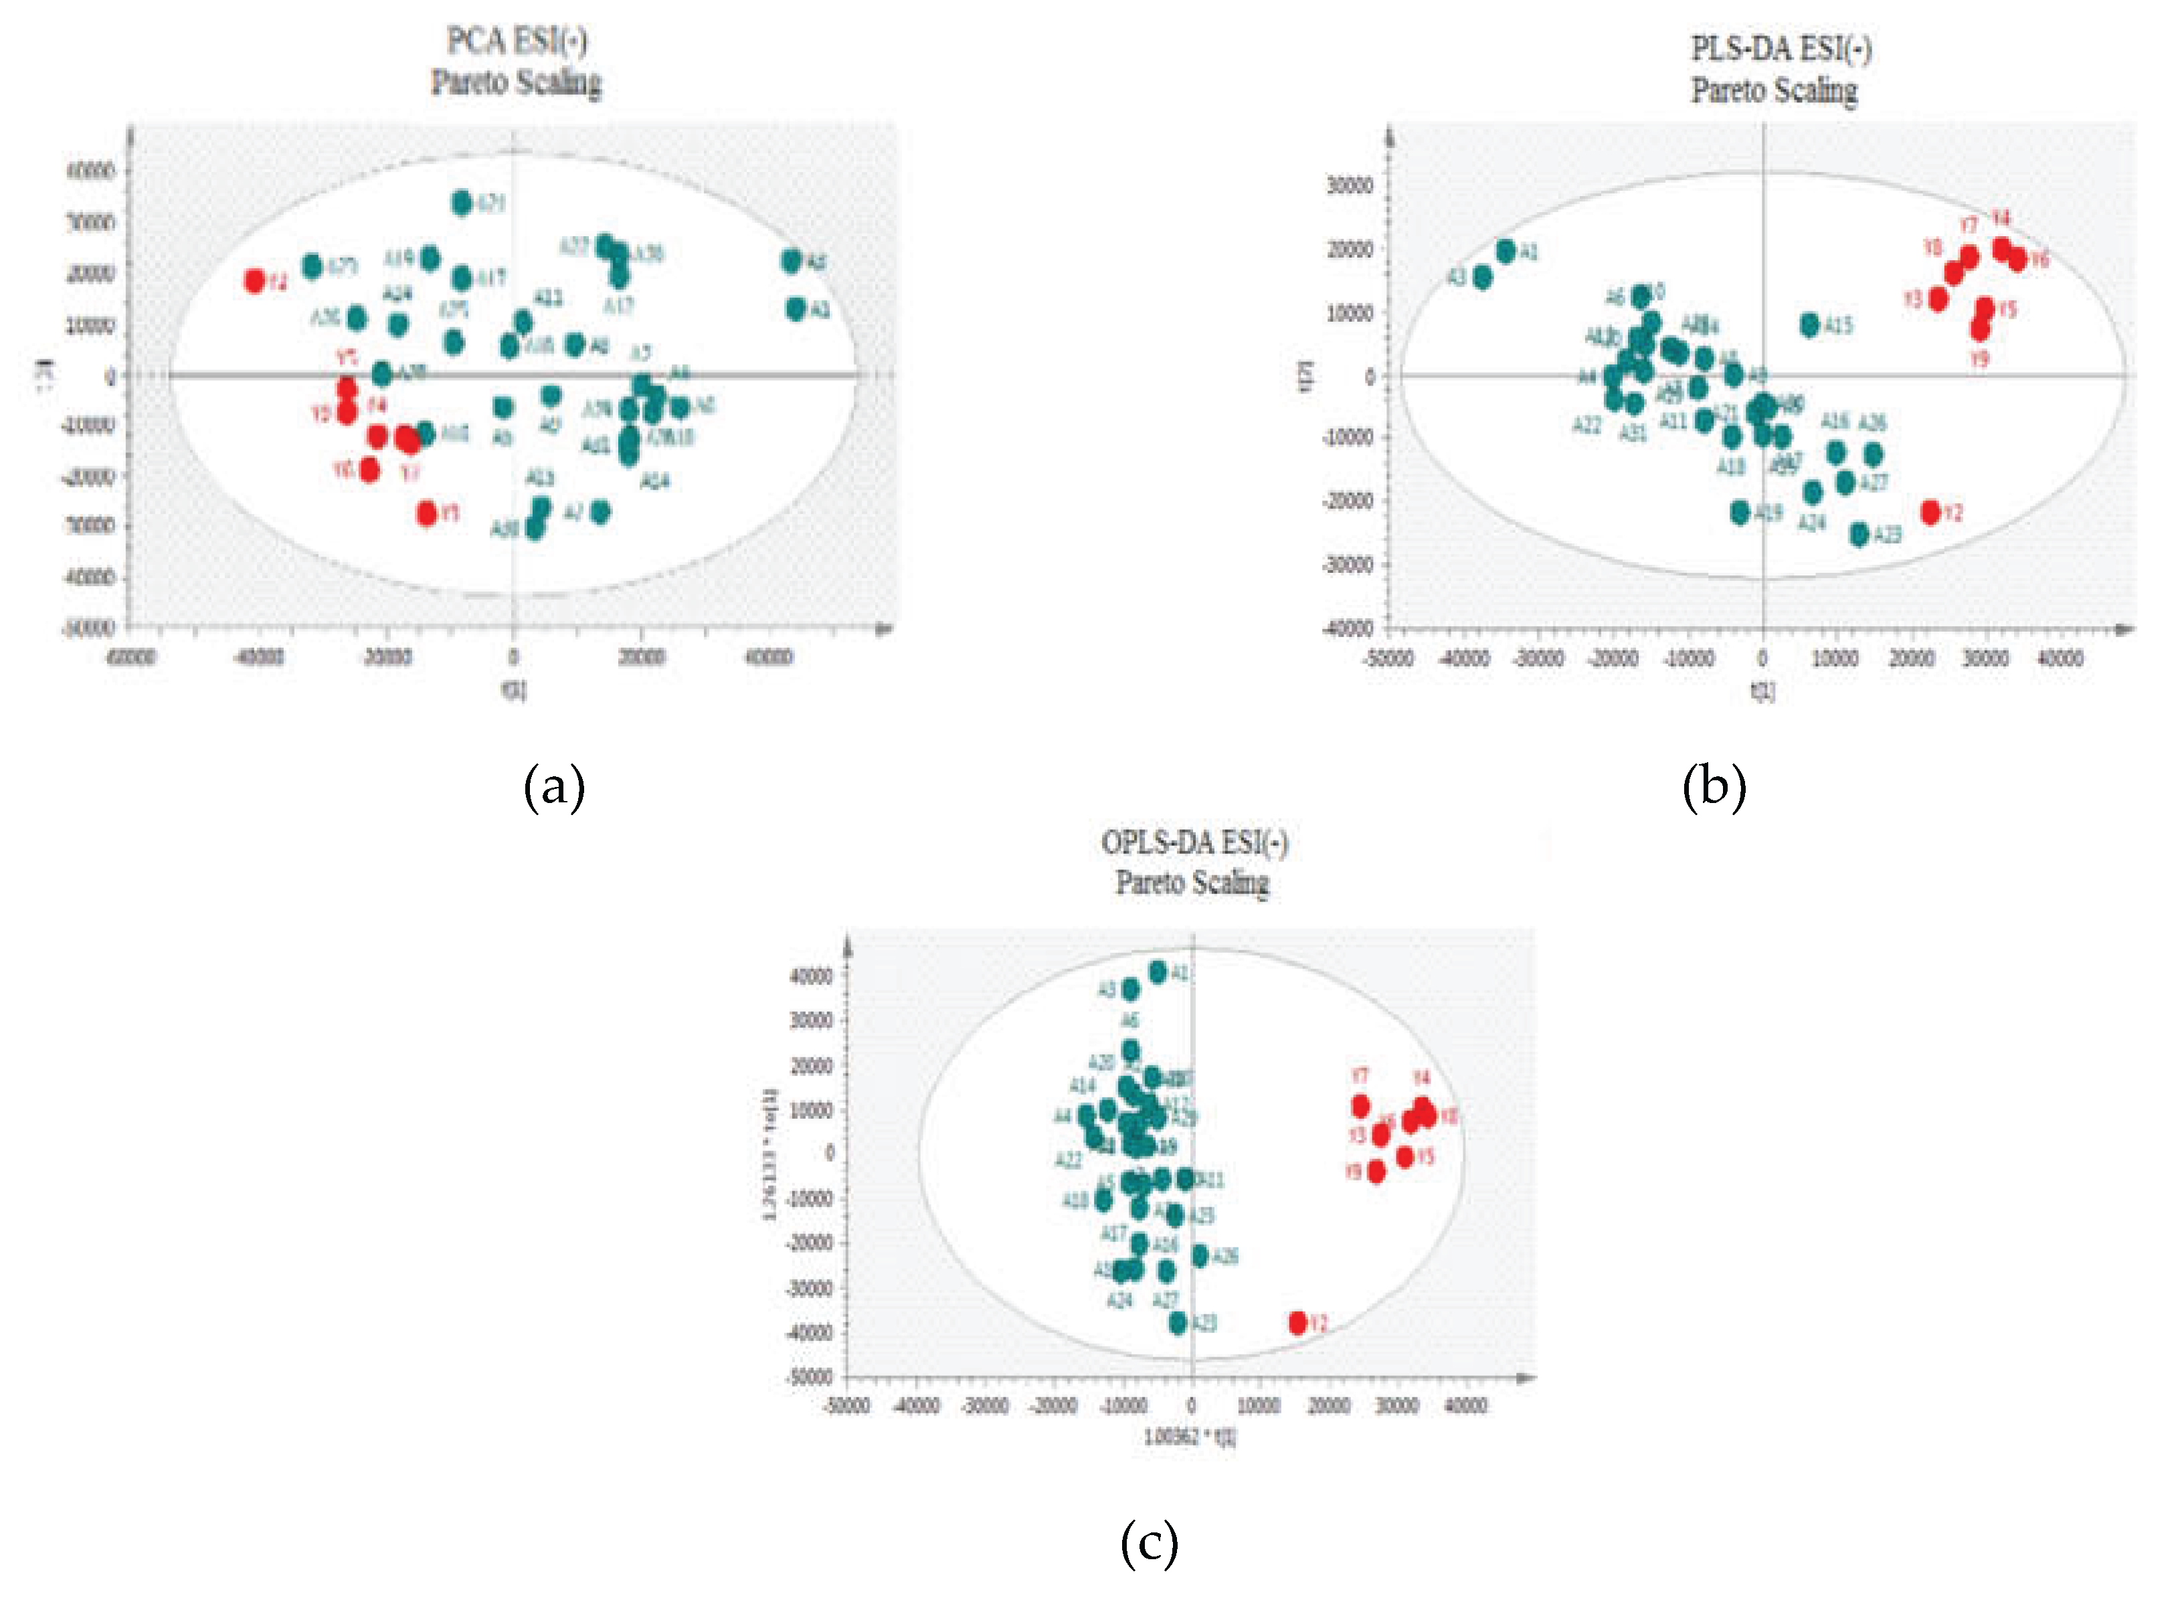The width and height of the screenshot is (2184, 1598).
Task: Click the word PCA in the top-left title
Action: tap(476, 41)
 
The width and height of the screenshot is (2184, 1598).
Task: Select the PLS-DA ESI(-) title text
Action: tap(1780, 48)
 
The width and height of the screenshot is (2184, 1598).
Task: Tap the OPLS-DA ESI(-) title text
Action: tap(1194, 842)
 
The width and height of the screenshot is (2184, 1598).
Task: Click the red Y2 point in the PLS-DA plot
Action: tap(1930, 513)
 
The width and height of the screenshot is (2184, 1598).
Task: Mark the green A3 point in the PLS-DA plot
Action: tap(1482, 278)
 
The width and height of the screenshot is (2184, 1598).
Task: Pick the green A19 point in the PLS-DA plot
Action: tap(1740, 513)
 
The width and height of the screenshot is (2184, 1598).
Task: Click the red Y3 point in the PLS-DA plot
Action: tap(1937, 300)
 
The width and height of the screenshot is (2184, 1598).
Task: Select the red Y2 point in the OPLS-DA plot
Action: tap(1298, 1322)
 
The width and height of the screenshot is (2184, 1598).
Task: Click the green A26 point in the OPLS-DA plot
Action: tap(1199, 1255)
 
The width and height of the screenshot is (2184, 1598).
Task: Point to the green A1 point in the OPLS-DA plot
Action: tap(1158, 972)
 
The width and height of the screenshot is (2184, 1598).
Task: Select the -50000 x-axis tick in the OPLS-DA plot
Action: tap(846, 1405)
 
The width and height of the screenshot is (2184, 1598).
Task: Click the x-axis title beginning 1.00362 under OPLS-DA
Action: tap(1190, 1437)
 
